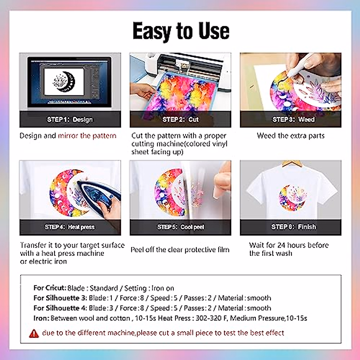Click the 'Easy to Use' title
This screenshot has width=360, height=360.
pyautogui.click(x=181, y=31)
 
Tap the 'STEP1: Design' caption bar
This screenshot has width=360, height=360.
pyautogui.click(x=70, y=119)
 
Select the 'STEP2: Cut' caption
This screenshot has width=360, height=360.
pyautogui.click(x=181, y=119)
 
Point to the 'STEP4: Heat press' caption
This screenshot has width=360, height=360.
pyautogui.click(x=70, y=227)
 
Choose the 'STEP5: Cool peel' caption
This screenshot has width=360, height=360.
pyautogui.click(x=181, y=227)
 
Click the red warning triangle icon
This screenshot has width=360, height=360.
pyautogui.click(x=34, y=333)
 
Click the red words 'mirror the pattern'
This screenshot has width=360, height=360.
pyautogui.click(x=87, y=136)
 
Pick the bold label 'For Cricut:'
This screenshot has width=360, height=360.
pyautogui.click(x=50, y=288)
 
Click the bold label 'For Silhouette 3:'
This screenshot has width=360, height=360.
pyautogui.click(x=60, y=298)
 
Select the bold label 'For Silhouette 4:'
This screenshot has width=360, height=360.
pyautogui.click(x=60, y=308)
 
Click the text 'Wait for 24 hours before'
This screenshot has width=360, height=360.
pyautogui.click(x=289, y=245)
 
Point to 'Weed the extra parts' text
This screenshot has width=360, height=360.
pyautogui.click(x=290, y=136)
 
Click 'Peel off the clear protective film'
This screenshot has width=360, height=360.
pyautogui.click(x=180, y=250)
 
